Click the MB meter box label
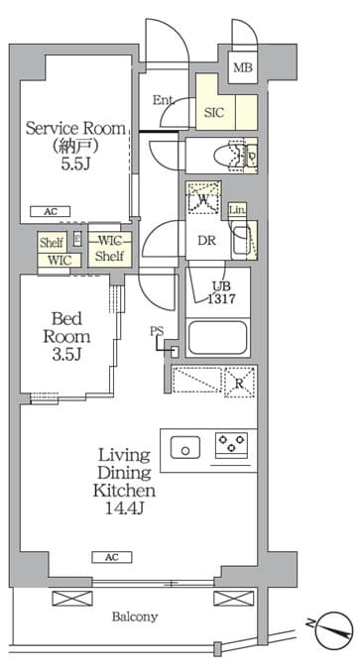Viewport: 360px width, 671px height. click(x=243, y=67)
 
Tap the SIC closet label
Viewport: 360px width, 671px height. click(x=214, y=112)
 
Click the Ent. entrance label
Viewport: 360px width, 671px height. click(x=164, y=100)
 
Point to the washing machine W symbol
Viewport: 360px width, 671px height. click(x=203, y=198)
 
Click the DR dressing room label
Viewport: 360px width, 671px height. click(x=206, y=241)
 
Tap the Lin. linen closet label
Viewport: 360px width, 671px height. click(x=236, y=210)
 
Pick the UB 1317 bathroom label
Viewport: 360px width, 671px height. click(x=220, y=292)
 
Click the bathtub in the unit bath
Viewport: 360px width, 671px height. click(x=217, y=337)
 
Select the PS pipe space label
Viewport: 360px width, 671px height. click(x=157, y=331)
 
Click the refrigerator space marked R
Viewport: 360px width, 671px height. click(x=240, y=383)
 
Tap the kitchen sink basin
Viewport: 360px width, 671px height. click(x=185, y=447)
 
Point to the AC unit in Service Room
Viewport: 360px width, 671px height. click(x=51, y=211)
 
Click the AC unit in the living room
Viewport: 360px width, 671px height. click(x=112, y=557)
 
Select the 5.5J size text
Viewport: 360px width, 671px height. click(x=75, y=165)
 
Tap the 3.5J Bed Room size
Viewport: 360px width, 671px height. click(x=66, y=354)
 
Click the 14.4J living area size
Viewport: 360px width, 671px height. click(x=124, y=508)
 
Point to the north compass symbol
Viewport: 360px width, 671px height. click(x=333, y=630)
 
